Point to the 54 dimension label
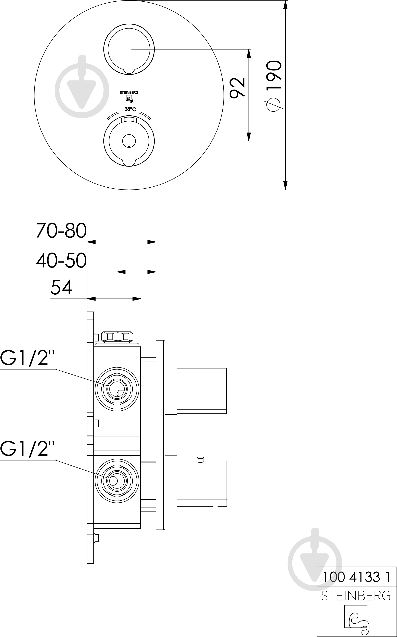(61, 287)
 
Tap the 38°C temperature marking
(130, 109)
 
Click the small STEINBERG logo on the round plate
(129, 96)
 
